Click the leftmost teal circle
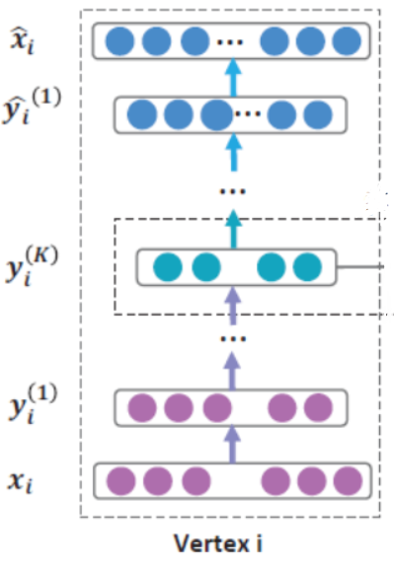click(x=169, y=266)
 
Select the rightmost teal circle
click(x=307, y=266)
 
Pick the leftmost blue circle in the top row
click(x=119, y=41)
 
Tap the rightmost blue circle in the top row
click(x=347, y=41)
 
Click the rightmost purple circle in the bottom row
click(x=347, y=481)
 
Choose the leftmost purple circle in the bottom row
click(x=120, y=481)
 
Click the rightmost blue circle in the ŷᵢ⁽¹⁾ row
click(x=316, y=114)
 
